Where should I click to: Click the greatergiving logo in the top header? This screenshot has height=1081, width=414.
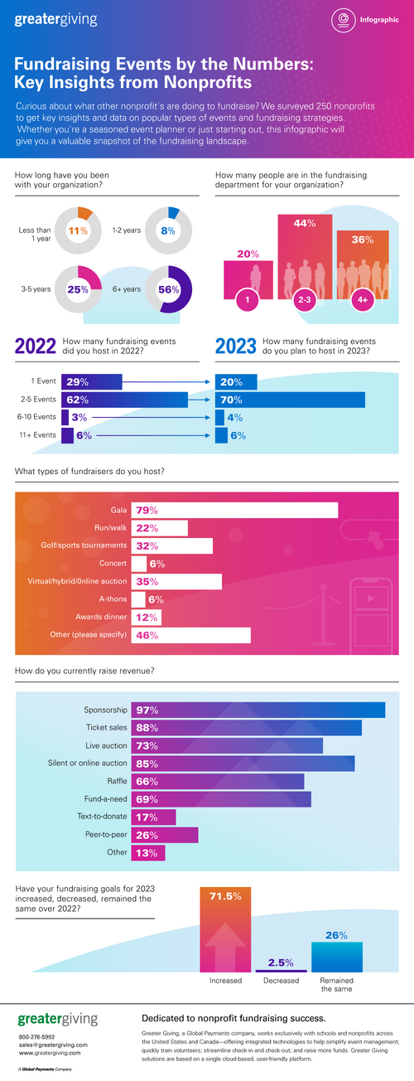click(x=55, y=19)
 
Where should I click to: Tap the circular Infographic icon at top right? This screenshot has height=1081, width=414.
click(x=342, y=20)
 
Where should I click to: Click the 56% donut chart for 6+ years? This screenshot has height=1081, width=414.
click(x=168, y=288)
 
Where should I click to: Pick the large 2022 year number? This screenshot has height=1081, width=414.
click(x=36, y=347)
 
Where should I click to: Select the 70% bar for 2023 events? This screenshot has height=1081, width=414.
click(x=290, y=399)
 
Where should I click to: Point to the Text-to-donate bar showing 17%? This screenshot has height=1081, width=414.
click(x=153, y=817)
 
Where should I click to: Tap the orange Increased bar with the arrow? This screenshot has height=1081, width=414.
click(x=225, y=928)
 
